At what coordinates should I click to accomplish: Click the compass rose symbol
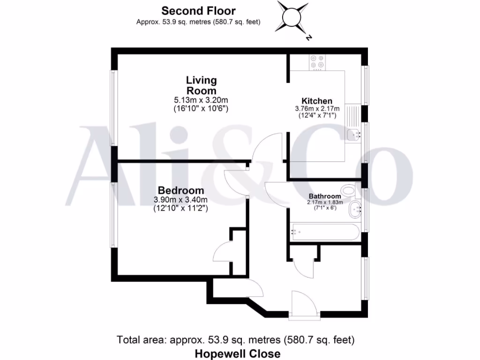pos(293,17)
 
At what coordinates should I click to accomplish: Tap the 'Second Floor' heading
pos(198,10)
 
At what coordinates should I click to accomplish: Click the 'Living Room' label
pos(202,85)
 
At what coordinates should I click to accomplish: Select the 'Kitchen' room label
pos(317,101)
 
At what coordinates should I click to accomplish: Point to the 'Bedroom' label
pos(181,190)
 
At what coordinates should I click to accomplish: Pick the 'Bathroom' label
pos(324,196)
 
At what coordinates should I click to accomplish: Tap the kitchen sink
pos(354,135)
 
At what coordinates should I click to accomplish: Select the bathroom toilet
pos(349,190)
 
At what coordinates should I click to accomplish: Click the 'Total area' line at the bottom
pos(235,339)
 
